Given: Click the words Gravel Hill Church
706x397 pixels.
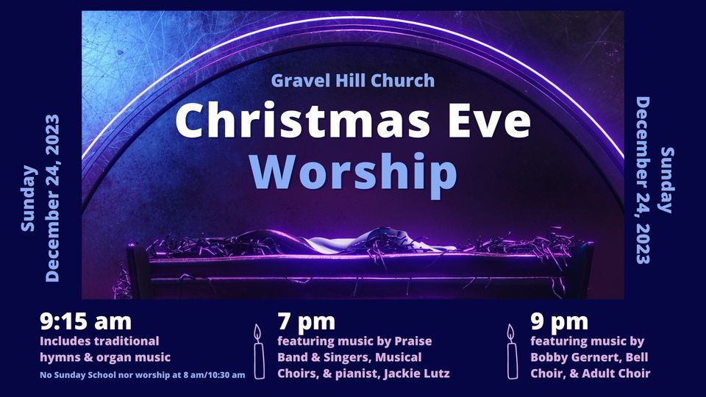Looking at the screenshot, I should [x=353, y=80].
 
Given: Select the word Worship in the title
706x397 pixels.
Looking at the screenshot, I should [x=353, y=171].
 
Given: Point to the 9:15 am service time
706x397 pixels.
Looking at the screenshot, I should [x=86, y=322].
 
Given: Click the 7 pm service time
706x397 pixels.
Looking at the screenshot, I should [x=306, y=322].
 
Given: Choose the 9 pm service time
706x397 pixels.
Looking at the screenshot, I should [x=559, y=322].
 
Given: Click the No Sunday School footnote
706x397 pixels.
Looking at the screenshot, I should [x=142, y=375].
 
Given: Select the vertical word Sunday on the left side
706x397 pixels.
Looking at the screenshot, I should [x=29, y=198].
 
